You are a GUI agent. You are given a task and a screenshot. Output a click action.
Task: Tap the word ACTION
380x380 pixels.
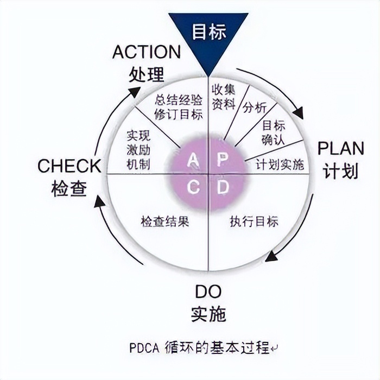tap(147, 52)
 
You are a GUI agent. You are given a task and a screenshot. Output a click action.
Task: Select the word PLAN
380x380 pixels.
tap(340, 149)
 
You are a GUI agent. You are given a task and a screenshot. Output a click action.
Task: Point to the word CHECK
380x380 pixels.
tap(69, 166)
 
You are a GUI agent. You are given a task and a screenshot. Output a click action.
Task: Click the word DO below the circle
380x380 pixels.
tap(208, 292)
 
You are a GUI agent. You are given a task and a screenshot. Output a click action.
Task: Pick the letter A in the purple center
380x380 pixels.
tap(193, 159)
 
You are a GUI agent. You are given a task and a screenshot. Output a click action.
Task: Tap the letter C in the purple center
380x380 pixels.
tap(193, 187)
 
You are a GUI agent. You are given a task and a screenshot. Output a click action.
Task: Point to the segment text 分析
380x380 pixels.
tap(255, 106)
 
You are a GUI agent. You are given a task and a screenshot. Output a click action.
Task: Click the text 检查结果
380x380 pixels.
tap(165, 221)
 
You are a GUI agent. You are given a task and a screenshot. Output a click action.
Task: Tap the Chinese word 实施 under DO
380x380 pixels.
tap(208, 314)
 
